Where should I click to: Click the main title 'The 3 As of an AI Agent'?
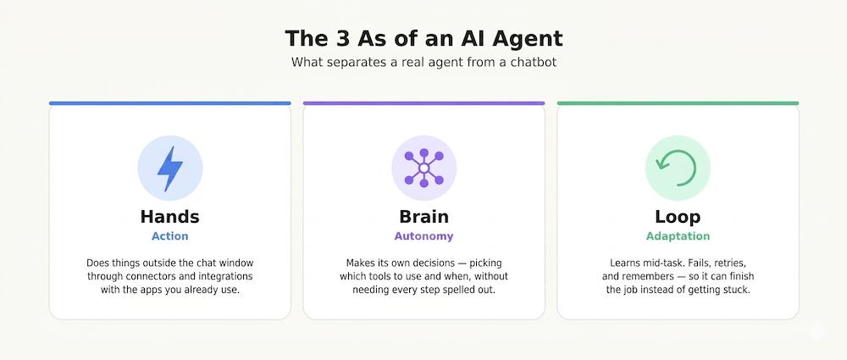coord(423,39)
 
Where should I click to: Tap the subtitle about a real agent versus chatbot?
coord(423,62)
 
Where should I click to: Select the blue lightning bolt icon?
coord(170,168)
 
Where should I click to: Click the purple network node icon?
coord(424,168)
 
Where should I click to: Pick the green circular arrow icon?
coord(678,168)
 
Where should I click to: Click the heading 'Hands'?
coord(169,217)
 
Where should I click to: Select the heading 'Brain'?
coord(424,217)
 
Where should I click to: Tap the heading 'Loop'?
coord(678,218)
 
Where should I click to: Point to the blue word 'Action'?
coord(169,236)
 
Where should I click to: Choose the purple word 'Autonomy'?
coord(424,237)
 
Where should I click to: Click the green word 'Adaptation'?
coord(678,237)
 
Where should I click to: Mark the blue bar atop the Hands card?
coord(169,103)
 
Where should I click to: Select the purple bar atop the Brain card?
coord(424,103)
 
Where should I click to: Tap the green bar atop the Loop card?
coord(678,103)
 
